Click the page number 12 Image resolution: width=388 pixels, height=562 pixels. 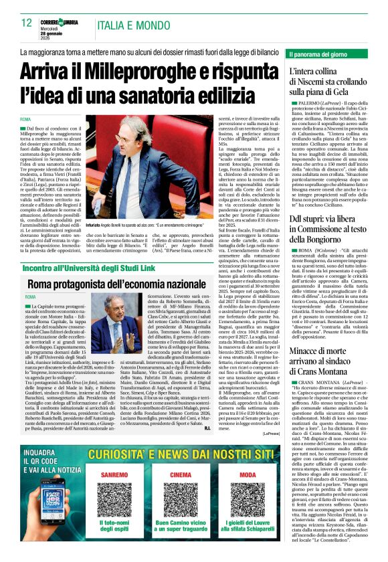coord(27,23)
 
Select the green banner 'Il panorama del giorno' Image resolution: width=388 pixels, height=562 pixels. coord(327,54)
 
